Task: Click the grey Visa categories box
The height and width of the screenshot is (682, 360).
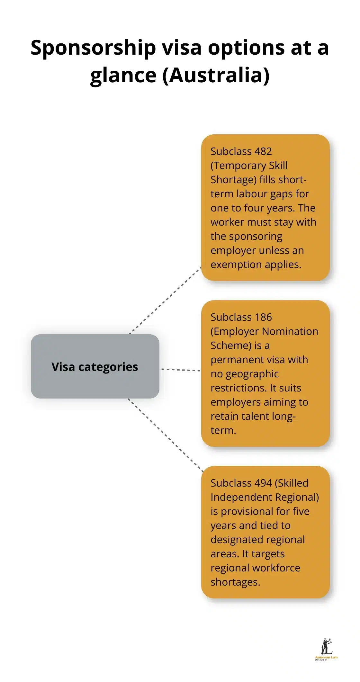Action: tap(95, 366)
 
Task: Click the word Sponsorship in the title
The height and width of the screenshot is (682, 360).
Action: tap(93, 48)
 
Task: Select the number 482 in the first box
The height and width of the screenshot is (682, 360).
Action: tap(263, 151)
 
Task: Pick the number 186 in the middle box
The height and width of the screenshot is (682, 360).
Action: tap(263, 317)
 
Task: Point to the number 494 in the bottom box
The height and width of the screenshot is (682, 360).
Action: tap(263, 483)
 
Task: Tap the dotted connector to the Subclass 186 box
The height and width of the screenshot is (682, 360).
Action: tap(181, 370)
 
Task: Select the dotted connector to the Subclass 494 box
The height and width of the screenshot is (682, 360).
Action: tap(166, 435)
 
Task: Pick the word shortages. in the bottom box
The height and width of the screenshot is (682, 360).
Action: tap(235, 582)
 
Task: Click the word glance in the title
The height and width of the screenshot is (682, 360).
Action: tap(123, 76)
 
